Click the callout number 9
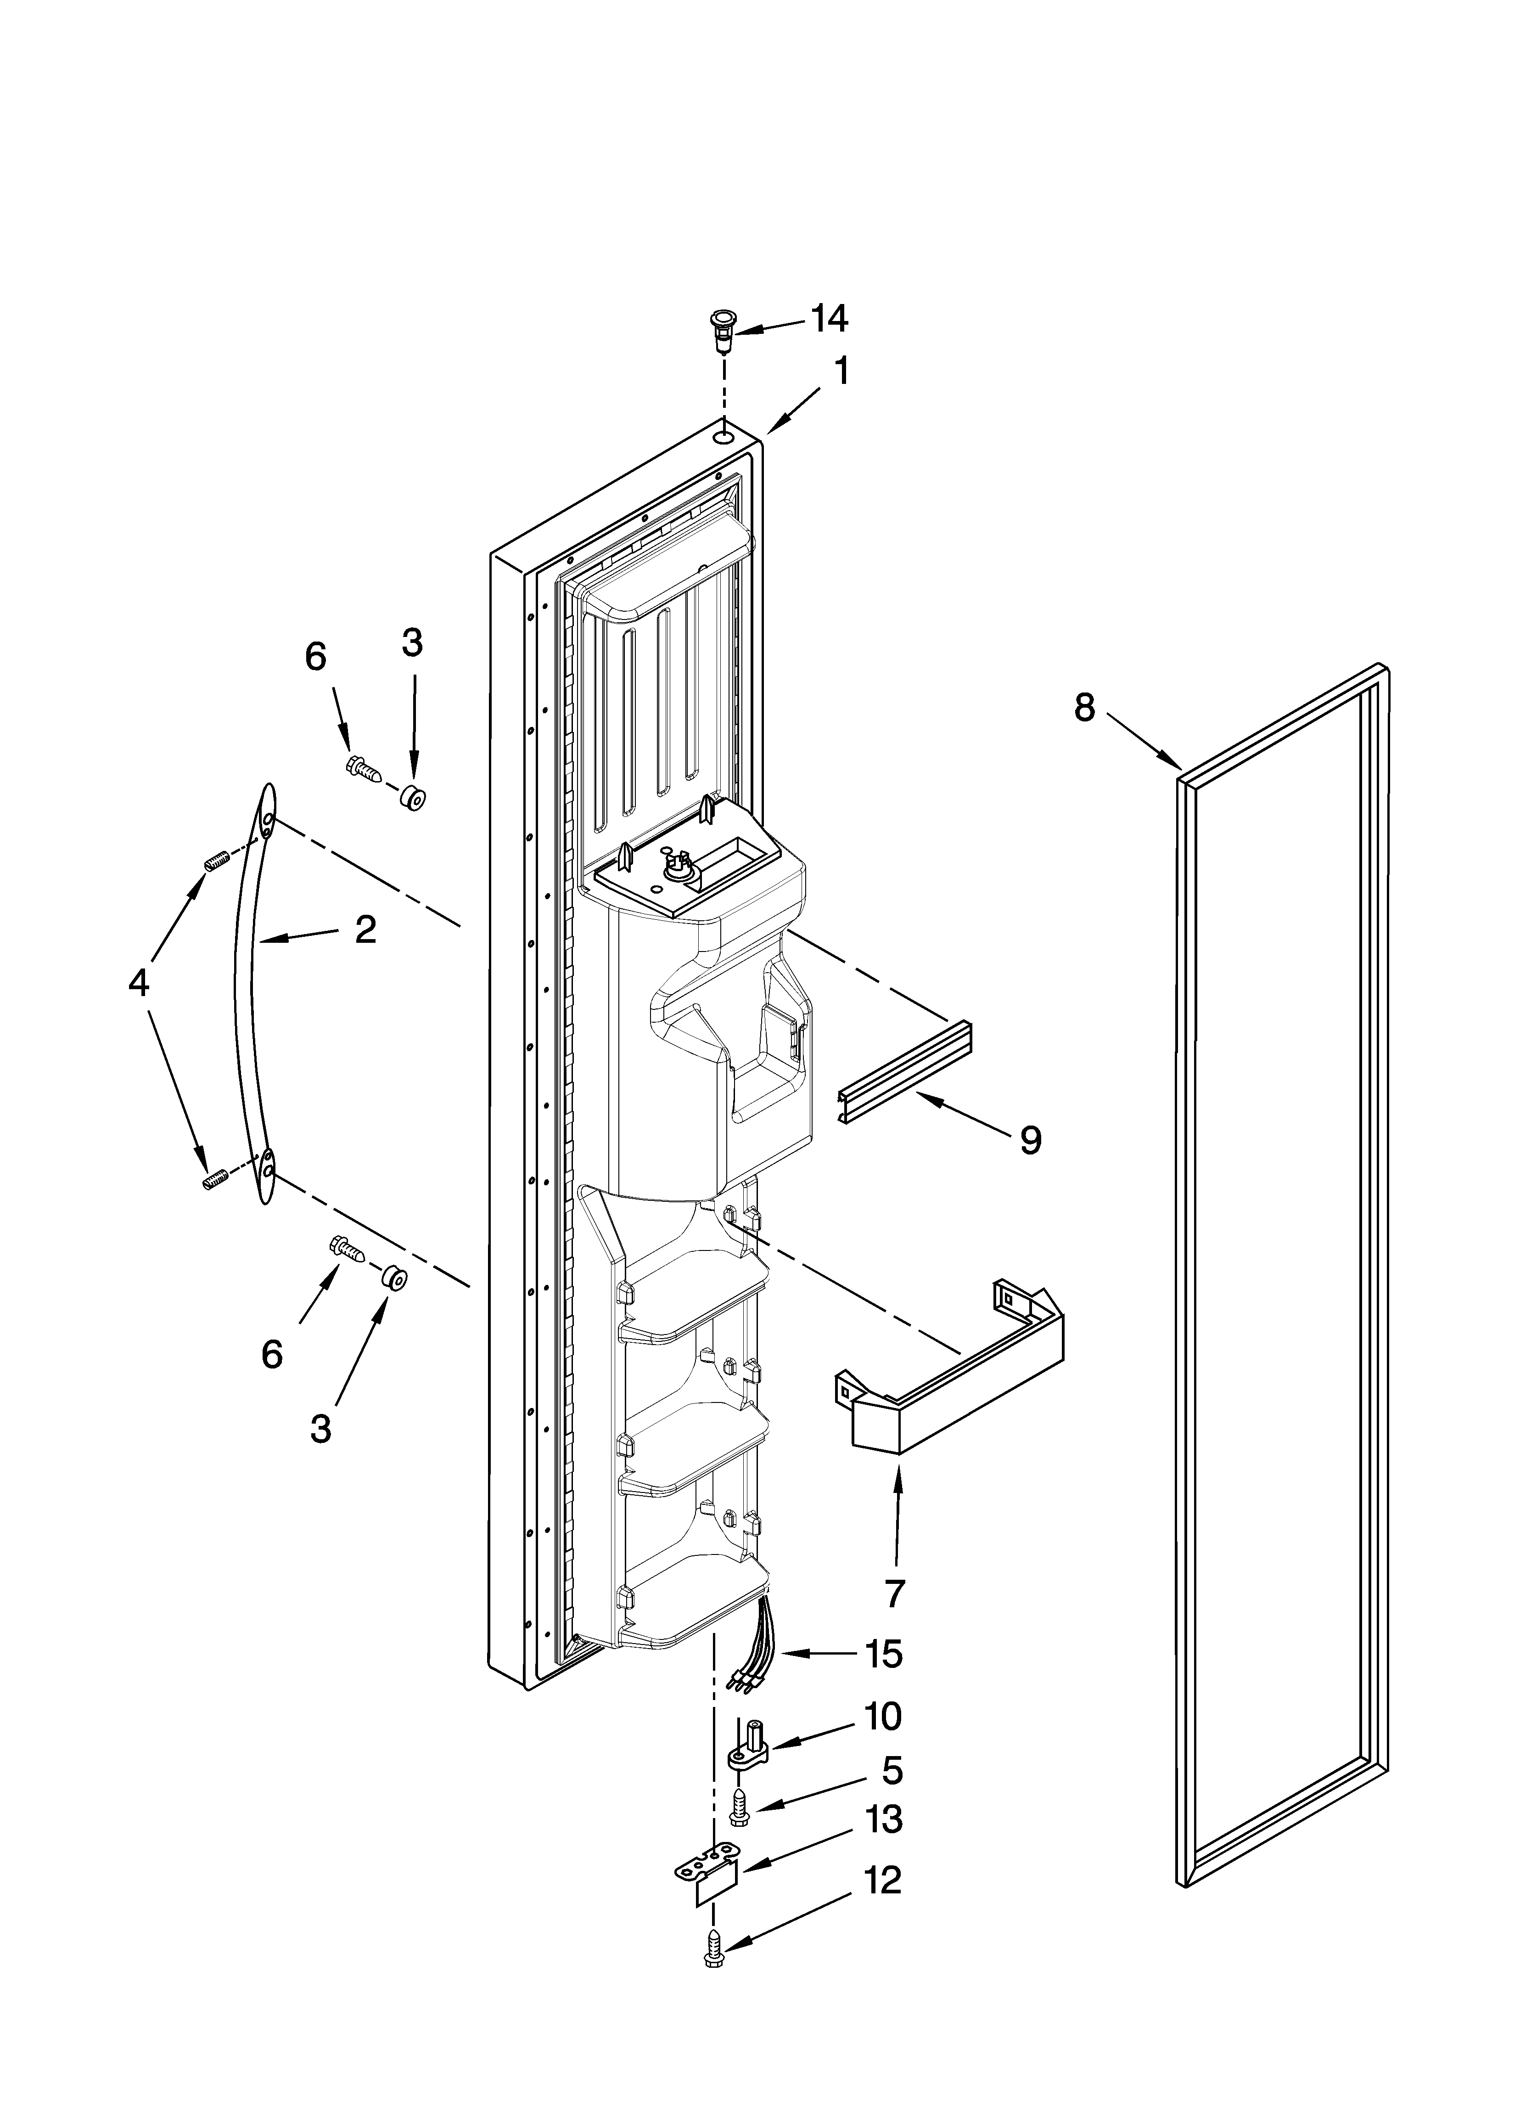(x=1030, y=1140)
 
